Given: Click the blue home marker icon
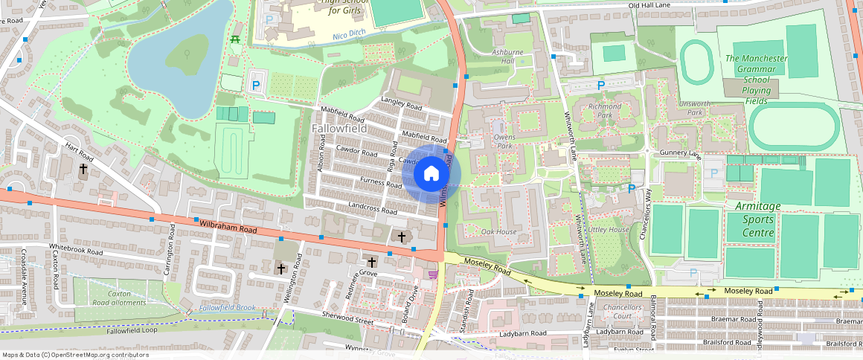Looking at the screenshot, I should (431, 174).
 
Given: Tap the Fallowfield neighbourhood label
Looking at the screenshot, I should (340, 129).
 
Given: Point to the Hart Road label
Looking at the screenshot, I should (79, 152).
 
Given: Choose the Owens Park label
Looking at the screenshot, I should (504, 141).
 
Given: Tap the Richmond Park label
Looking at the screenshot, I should (604, 111).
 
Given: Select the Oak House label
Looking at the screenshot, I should (498, 232).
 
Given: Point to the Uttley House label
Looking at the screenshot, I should (608, 230).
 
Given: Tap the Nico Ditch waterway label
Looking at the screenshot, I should (349, 35).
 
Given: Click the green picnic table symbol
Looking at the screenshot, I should (236, 38).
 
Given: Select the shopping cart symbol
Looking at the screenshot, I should (433, 274).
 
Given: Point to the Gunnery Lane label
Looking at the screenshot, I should (680, 153).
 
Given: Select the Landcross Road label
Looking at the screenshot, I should (372, 210).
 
